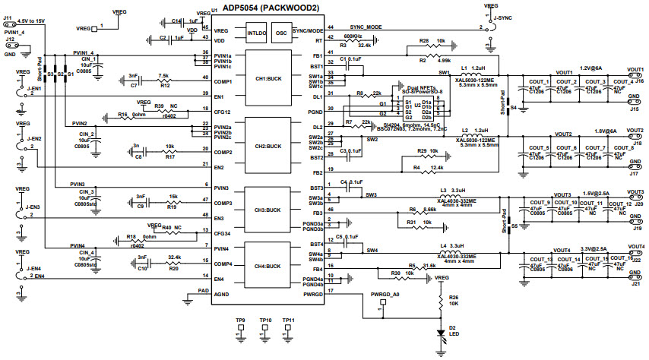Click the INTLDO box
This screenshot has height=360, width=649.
tap(257, 33)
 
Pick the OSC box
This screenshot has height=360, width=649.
tap(282, 33)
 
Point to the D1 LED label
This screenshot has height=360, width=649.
tap(454, 329)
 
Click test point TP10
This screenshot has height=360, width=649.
tap(264, 321)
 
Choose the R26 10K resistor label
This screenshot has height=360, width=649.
tap(454, 299)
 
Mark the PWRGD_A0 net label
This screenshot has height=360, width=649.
tap(384, 294)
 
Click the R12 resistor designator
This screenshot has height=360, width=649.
tap(166, 85)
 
